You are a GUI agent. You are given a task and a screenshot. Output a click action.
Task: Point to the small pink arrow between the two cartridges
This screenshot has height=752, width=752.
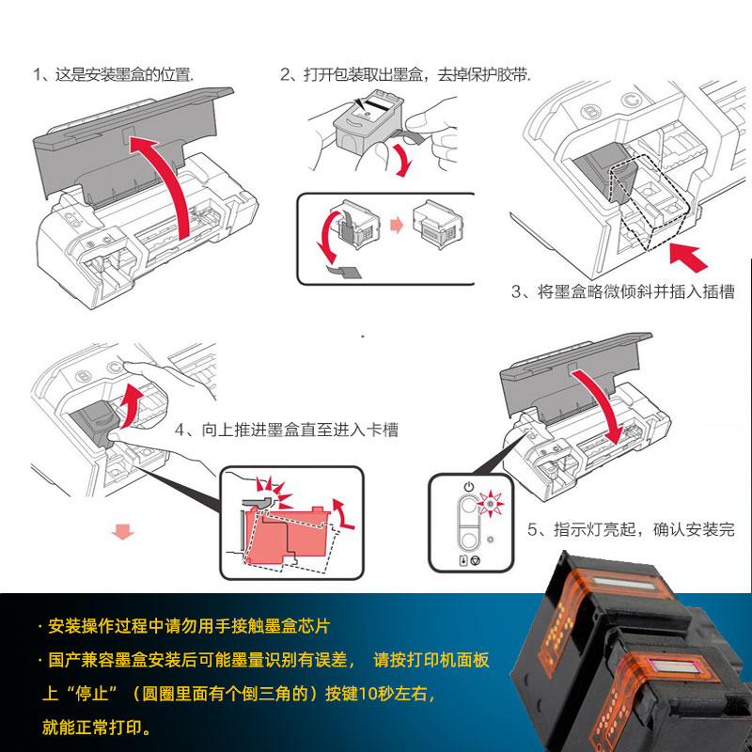click(395, 226)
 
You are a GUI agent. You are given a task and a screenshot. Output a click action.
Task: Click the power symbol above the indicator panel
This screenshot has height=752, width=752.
click(469, 488)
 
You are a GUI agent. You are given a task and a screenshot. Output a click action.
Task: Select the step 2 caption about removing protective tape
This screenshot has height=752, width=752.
click(405, 74)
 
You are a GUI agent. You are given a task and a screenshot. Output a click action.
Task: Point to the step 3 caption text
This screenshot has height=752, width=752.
click(622, 292)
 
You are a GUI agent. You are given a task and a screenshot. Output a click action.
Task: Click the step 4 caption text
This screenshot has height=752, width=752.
click(287, 430)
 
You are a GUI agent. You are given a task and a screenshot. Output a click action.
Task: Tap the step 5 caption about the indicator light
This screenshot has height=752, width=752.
click(631, 530)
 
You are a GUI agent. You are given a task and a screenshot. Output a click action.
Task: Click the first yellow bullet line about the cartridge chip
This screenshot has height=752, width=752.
click(188, 626)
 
